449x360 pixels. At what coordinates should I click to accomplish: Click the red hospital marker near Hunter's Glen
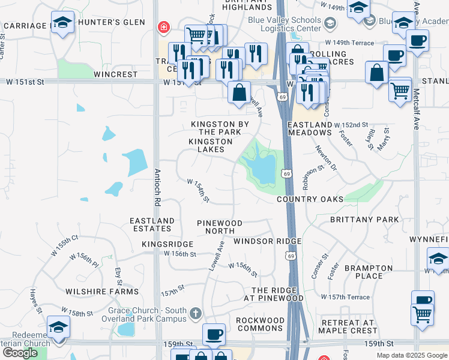click(163, 27)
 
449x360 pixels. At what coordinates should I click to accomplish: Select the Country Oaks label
click(310, 199)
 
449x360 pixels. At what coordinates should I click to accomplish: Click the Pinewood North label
click(220, 227)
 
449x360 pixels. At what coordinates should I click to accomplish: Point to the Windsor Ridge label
click(267, 241)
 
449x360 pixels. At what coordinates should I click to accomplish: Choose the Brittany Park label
click(364, 220)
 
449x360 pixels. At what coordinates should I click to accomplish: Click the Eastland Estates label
click(152, 224)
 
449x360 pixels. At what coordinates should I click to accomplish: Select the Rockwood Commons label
click(260, 325)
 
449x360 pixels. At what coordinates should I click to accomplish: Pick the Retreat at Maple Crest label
click(348, 326)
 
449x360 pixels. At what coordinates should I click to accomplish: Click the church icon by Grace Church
click(195, 313)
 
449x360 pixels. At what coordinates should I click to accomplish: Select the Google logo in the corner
click(20, 353)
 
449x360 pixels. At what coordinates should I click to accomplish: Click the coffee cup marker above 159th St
click(214, 334)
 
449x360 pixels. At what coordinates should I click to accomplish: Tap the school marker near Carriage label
click(62, 23)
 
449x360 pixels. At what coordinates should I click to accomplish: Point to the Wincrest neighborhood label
click(116, 75)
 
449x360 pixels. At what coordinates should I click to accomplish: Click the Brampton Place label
click(368, 272)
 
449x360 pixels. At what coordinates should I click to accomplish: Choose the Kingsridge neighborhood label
click(167, 245)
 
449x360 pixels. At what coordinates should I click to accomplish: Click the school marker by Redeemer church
click(59, 327)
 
